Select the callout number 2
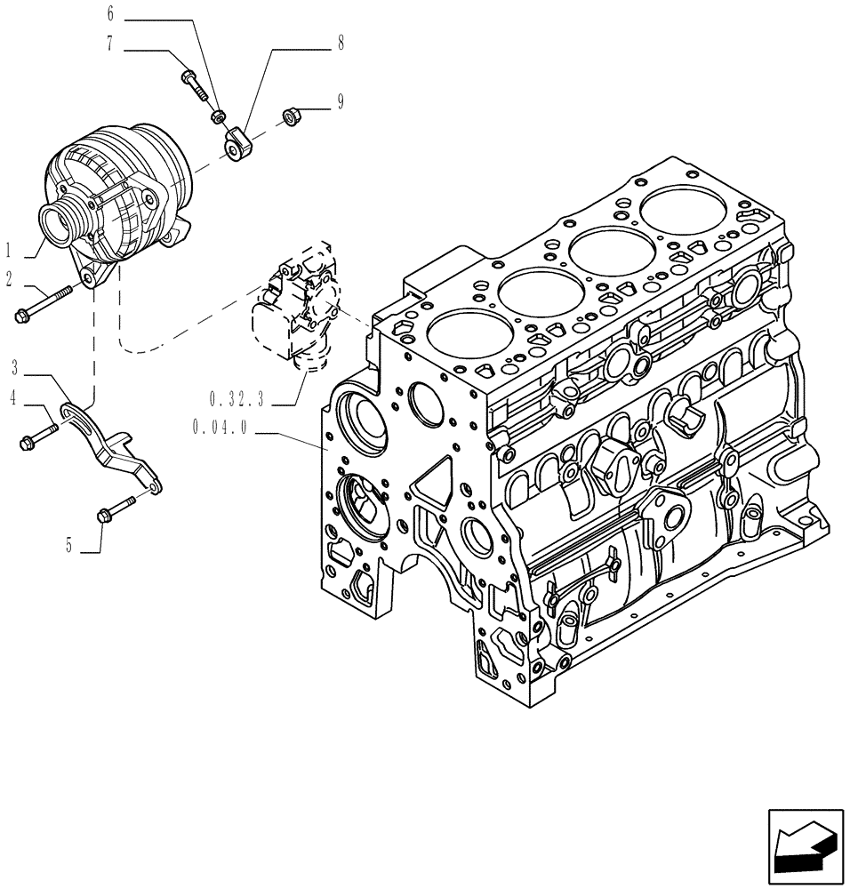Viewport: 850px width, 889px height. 10,279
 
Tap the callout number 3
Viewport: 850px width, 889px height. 15,365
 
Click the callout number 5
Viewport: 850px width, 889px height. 68,545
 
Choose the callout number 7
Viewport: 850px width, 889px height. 110,44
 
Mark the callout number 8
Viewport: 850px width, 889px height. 341,42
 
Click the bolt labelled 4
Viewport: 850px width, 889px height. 36,436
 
